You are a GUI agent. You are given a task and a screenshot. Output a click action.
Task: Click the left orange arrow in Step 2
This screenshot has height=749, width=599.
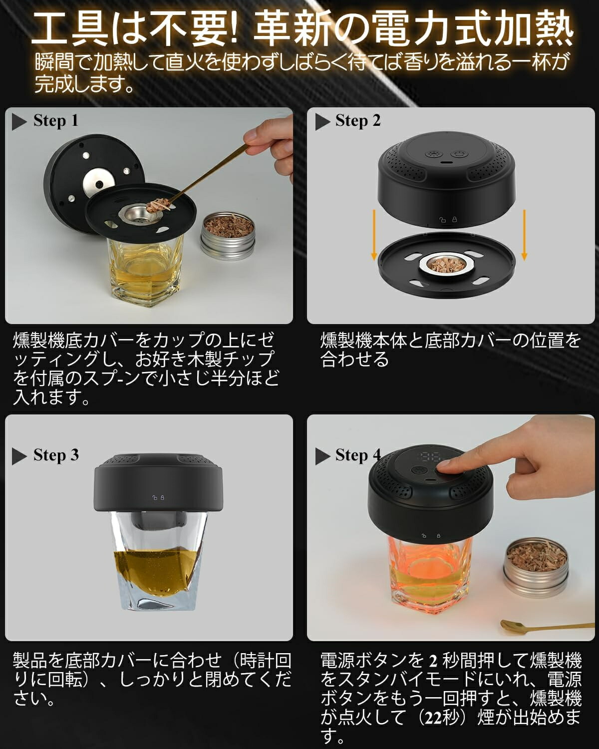click(x=374, y=235)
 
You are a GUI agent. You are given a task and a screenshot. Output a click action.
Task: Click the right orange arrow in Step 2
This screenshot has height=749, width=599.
click(x=524, y=235)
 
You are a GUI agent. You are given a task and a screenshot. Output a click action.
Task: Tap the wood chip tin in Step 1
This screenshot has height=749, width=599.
click(x=228, y=236)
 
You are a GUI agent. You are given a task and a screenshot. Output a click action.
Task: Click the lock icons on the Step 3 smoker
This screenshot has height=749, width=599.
click(x=158, y=498)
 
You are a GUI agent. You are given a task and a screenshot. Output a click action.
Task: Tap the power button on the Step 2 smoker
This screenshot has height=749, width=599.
click(x=458, y=154)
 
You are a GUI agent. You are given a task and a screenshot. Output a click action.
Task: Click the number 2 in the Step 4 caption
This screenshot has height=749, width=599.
click(x=433, y=661)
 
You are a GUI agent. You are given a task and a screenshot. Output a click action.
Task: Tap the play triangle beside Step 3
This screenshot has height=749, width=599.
click(x=19, y=456)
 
